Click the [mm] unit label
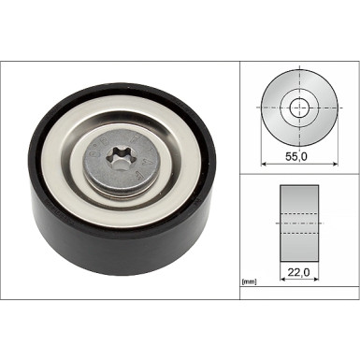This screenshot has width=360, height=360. (x=249, y=281)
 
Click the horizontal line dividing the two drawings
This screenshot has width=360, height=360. (x=299, y=174)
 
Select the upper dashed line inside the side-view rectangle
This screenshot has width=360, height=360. (x=299, y=216)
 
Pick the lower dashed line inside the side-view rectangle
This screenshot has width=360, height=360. (x=299, y=235)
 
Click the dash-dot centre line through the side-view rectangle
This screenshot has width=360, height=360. (x=299, y=225)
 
